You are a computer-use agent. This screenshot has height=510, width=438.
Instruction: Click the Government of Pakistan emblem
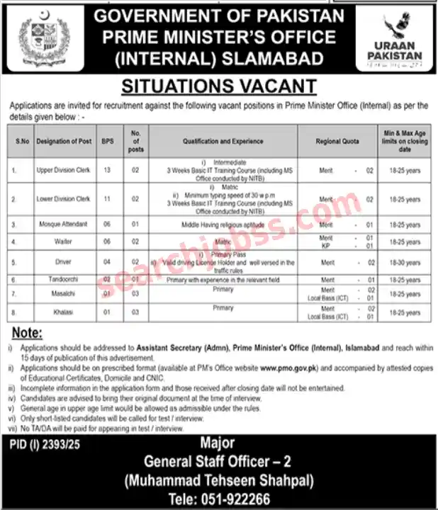[x=40, y=39]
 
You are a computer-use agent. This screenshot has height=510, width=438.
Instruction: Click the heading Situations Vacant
[x=218, y=86]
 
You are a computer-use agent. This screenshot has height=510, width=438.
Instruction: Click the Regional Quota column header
[x=337, y=142]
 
